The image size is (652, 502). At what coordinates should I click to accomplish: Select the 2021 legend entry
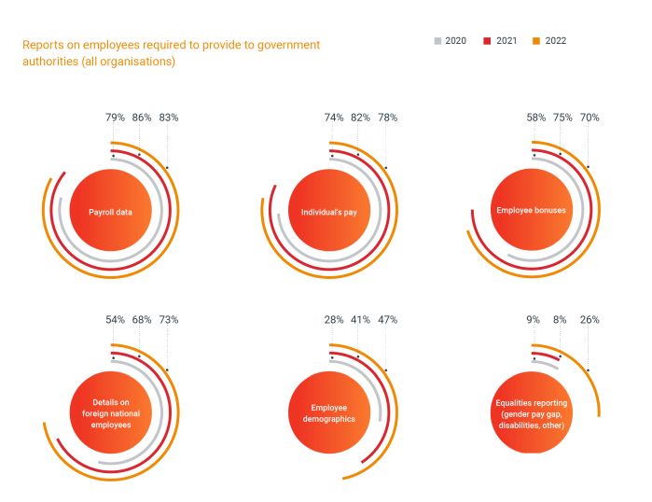tap(500, 41)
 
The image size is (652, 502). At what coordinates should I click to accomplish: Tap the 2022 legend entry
tap(549, 41)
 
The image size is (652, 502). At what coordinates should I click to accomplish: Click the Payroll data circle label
tap(110, 212)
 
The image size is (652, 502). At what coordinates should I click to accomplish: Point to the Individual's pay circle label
tap(328, 212)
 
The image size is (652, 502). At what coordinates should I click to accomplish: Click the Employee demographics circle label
tap(328, 413)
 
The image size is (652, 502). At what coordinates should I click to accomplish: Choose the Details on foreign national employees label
tap(110, 413)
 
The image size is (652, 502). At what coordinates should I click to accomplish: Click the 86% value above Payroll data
tap(142, 119)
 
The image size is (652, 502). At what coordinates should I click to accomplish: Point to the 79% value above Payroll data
tap(115, 119)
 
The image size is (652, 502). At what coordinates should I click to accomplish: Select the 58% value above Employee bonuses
tap(536, 119)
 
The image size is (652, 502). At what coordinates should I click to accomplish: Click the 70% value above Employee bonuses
tap(590, 119)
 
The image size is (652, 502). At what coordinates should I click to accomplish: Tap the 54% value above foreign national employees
tap(115, 320)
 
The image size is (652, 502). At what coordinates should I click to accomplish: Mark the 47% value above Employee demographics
tap(387, 320)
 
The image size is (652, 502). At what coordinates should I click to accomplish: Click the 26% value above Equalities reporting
tap(590, 320)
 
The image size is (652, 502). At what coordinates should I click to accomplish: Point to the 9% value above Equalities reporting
tap(533, 320)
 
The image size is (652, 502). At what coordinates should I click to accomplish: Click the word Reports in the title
tap(42, 45)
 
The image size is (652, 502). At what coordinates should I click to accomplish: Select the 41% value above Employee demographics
tap(360, 320)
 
